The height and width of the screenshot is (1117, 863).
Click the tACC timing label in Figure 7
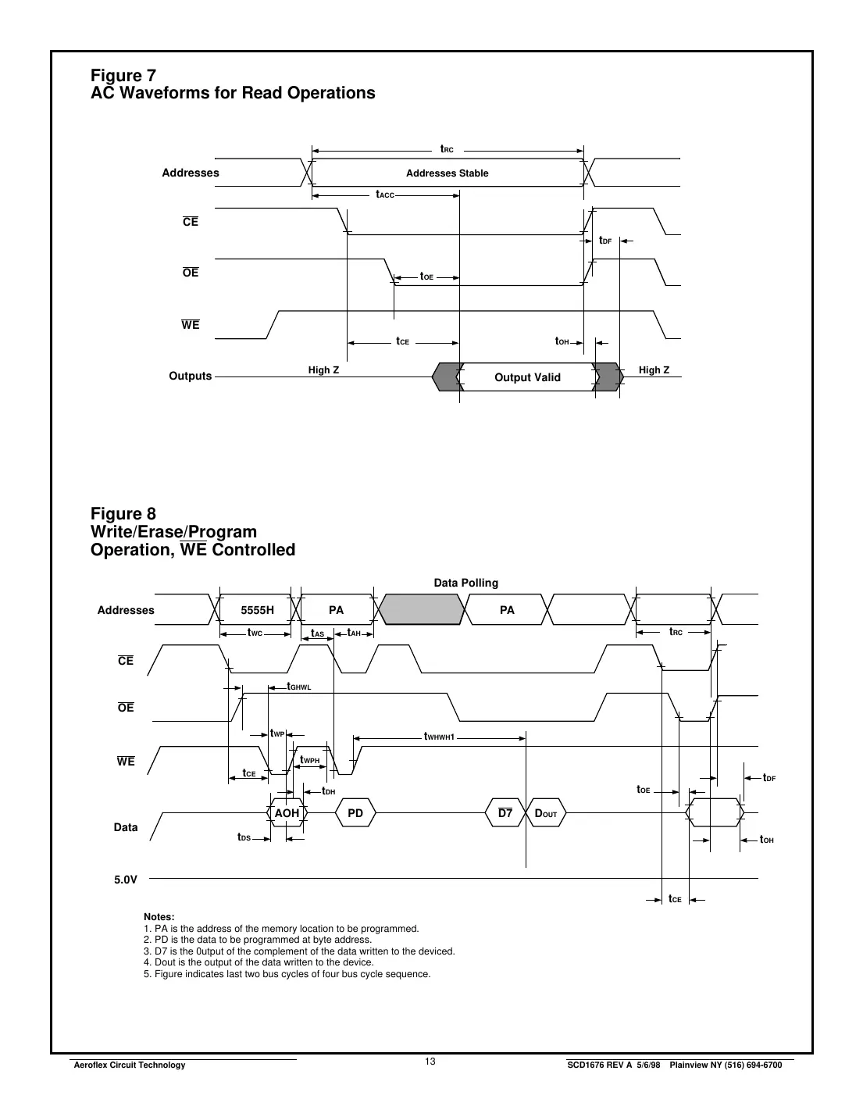[x=385, y=194]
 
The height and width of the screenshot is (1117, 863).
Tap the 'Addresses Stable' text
[x=447, y=173]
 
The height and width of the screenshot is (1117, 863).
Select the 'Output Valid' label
[x=527, y=377]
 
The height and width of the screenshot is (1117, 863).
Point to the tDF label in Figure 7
[x=605, y=241]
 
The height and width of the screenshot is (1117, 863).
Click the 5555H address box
[x=257, y=610]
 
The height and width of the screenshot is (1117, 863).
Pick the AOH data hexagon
[x=287, y=813]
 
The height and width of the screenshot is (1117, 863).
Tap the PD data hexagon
[x=355, y=813]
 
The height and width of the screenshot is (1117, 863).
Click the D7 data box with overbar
[x=505, y=813]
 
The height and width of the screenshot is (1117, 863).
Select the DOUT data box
[x=545, y=813]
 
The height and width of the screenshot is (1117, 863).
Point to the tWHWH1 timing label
[x=439, y=737]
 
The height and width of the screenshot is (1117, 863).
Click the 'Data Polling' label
[x=465, y=583]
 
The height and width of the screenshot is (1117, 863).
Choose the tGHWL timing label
[x=299, y=687]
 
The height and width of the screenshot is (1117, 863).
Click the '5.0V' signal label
[x=126, y=880]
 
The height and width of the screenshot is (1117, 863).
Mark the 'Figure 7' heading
[x=123, y=76]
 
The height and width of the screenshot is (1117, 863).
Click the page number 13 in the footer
[x=430, y=1062]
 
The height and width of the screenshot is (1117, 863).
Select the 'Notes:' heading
[x=159, y=917]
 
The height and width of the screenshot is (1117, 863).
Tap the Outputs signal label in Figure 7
[x=191, y=376]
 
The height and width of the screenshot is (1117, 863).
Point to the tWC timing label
[x=255, y=633]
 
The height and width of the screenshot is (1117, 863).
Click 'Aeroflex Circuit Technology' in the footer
[x=129, y=1065]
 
